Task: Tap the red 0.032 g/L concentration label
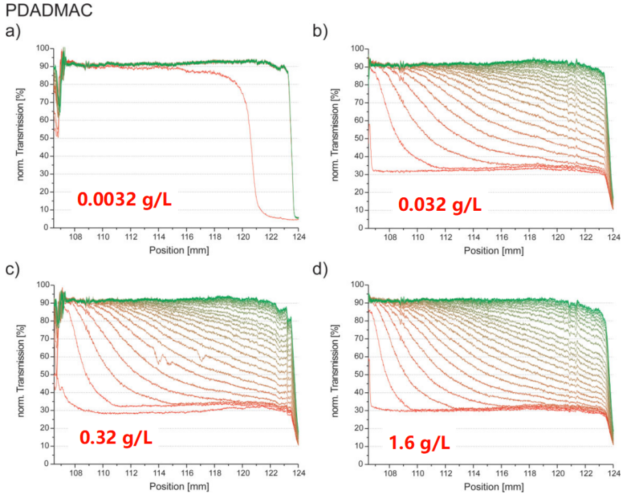[439, 204]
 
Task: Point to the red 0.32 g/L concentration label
[116, 437]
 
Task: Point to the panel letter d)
[319, 268]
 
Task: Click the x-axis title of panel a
[179, 250]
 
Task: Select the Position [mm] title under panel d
[494, 486]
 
